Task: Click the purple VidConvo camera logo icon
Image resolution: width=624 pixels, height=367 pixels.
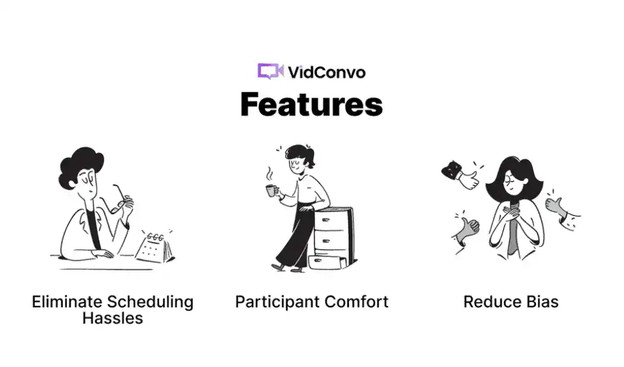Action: (270, 71)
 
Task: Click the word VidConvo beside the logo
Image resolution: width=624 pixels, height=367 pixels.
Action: (326, 72)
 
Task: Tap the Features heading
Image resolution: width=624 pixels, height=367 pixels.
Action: (311, 104)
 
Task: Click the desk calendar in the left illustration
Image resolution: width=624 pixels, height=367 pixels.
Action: (155, 248)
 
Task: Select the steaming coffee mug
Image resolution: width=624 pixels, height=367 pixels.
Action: (271, 190)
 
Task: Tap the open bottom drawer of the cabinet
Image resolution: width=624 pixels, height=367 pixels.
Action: (326, 262)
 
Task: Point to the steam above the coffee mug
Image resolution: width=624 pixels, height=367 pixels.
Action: (270, 175)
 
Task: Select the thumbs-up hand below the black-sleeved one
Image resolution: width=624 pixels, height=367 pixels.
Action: (466, 232)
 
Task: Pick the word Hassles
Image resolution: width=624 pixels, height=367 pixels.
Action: (112, 318)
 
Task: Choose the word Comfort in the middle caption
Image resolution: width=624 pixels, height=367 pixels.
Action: (356, 301)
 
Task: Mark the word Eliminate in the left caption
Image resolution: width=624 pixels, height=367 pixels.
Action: (67, 301)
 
